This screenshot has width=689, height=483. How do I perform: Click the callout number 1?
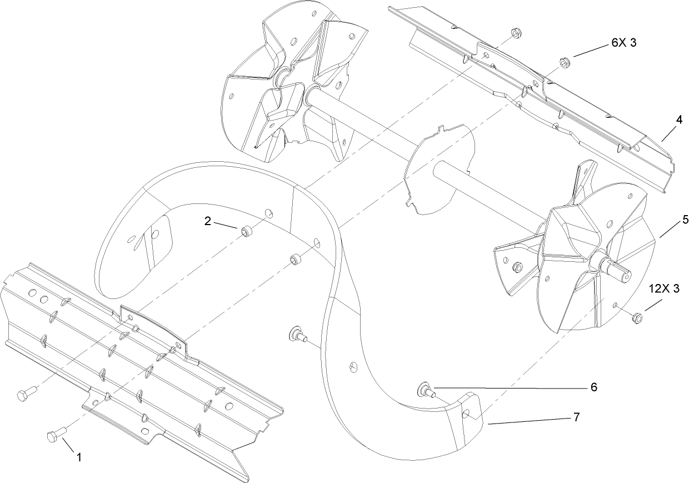click(78, 457)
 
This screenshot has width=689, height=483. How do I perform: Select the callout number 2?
click(208, 221)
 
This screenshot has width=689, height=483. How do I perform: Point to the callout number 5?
click(686, 220)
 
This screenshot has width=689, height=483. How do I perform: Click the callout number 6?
click(593, 387)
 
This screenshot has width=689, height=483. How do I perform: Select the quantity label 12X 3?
click(665, 290)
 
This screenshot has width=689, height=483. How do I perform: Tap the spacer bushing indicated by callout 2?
click(245, 230)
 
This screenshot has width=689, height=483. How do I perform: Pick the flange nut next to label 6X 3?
click(563, 62)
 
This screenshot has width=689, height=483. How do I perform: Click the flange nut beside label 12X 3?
click(637, 317)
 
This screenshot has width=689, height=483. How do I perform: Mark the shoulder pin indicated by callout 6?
click(426, 390)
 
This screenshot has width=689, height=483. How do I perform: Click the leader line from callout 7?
click(528, 420)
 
